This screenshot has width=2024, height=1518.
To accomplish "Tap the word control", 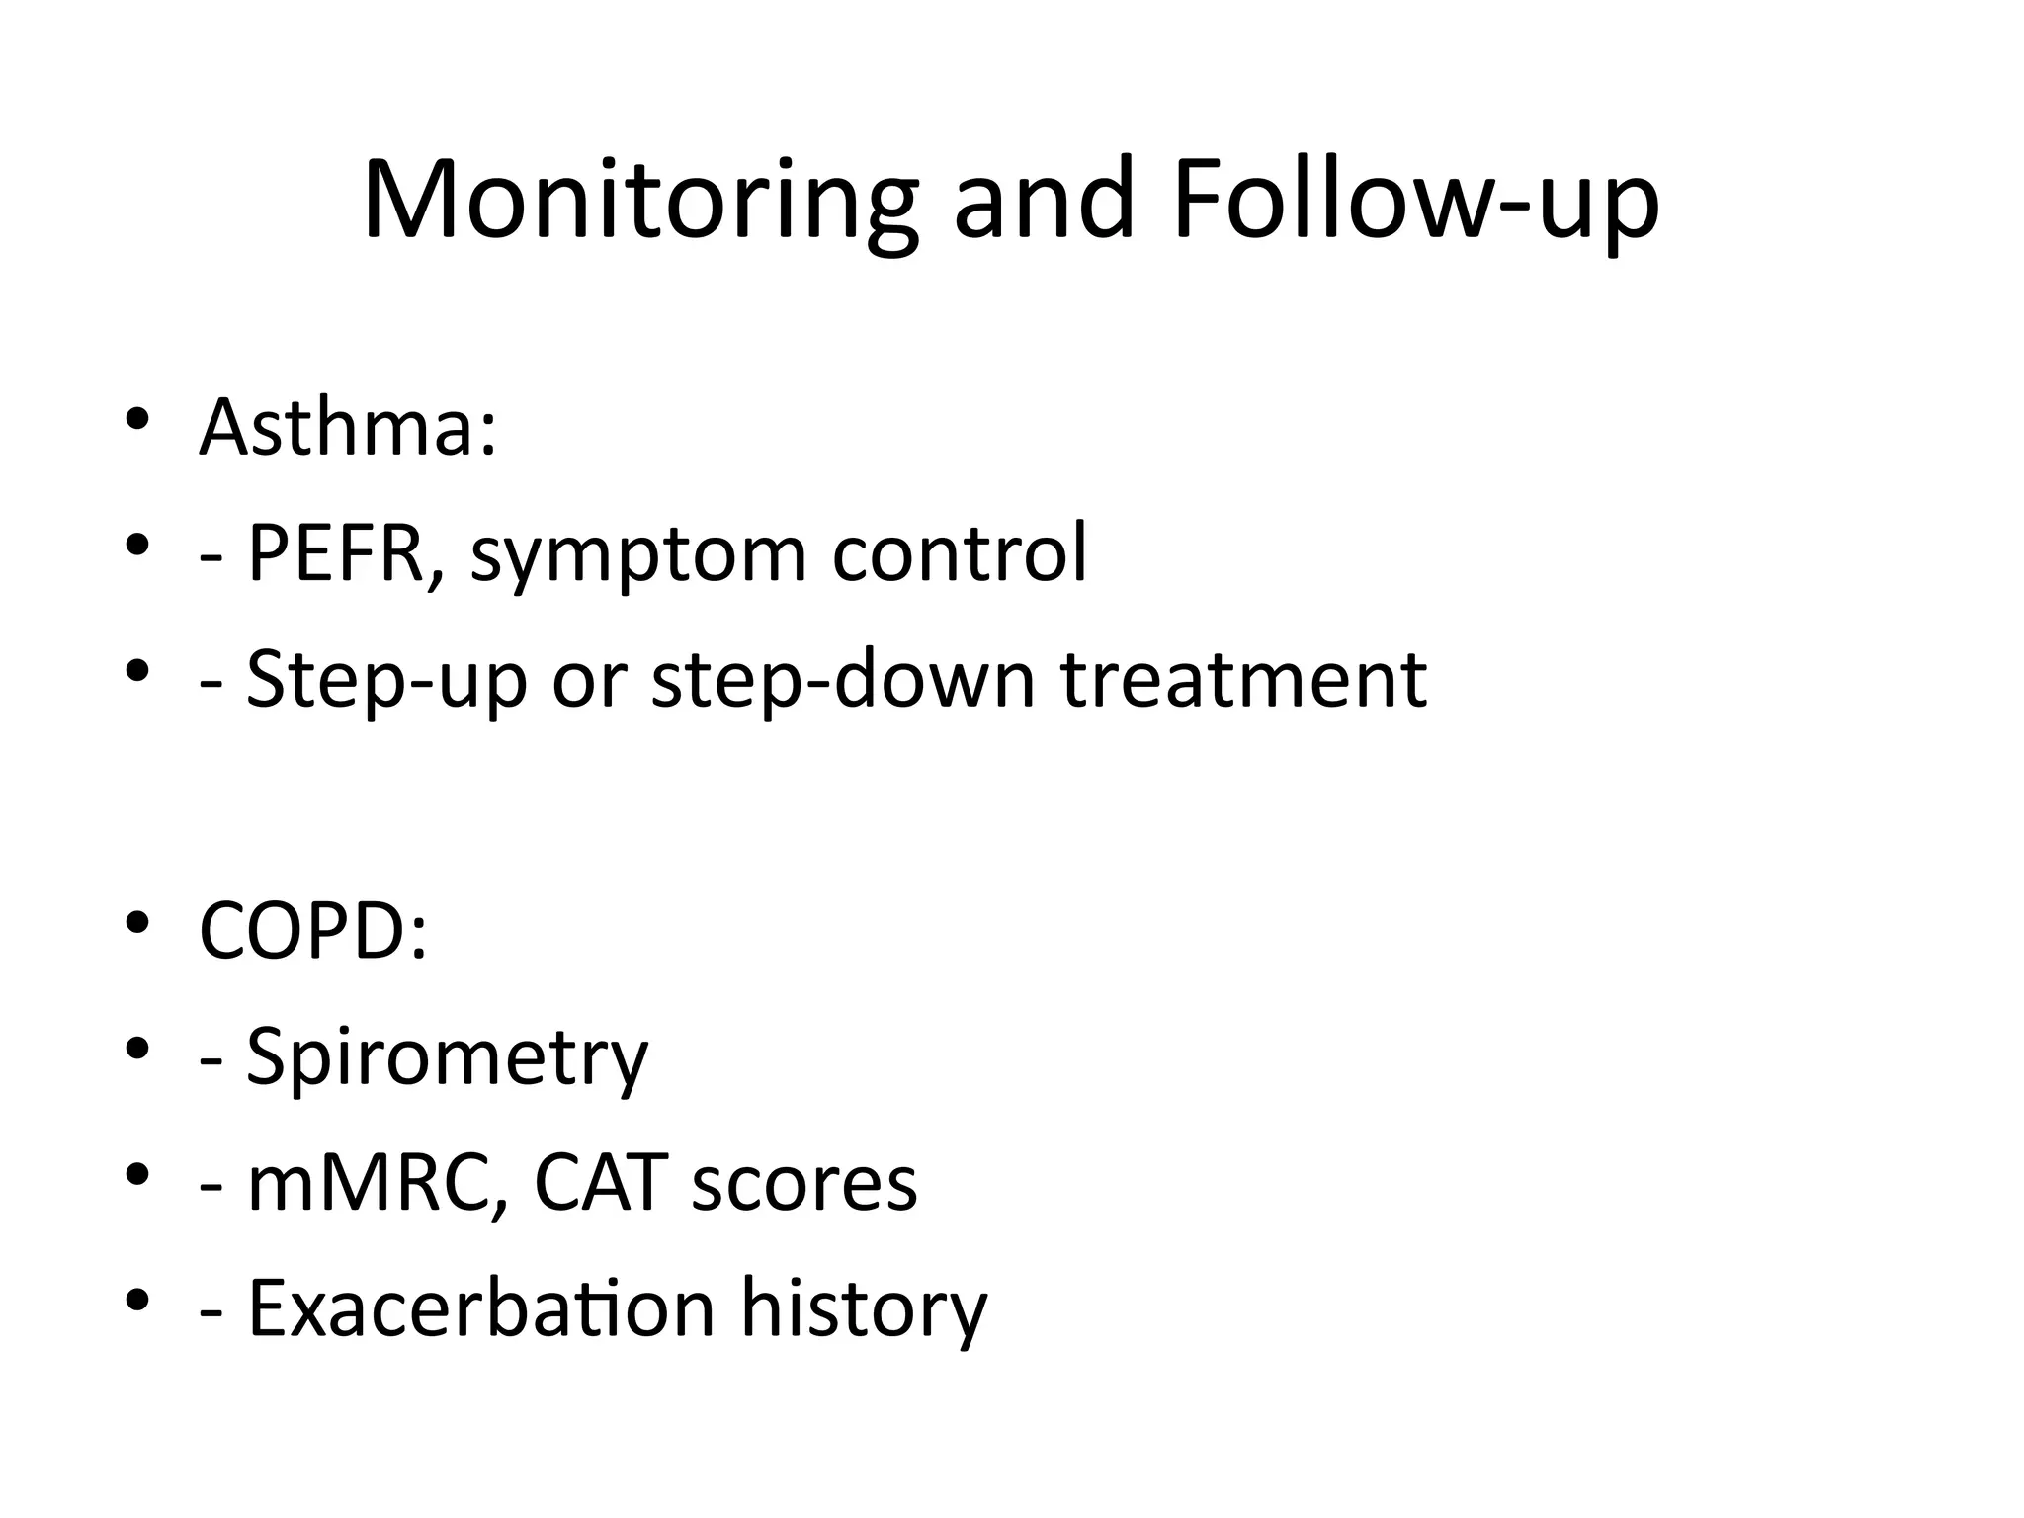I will [959, 553].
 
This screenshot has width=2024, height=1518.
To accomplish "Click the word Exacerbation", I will [480, 1308].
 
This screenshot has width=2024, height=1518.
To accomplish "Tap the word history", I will [864, 1310].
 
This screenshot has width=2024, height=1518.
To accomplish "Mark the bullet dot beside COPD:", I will [137, 922].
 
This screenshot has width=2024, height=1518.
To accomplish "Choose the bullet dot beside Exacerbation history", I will [137, 1299].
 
